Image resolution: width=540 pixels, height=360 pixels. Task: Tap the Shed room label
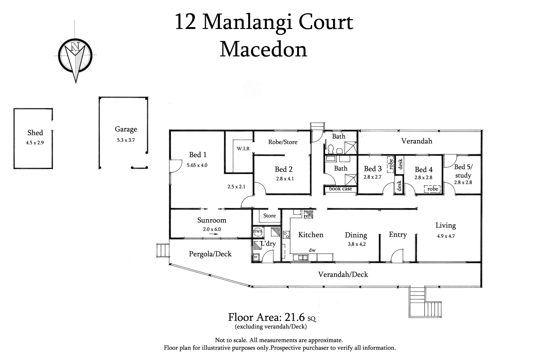pyautogui.click(x=35, y=133)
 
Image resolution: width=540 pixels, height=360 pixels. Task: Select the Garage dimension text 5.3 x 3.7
pyautogui.click(x=126, y=140)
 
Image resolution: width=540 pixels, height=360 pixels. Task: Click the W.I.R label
pyautogui.click(x=243, y=148)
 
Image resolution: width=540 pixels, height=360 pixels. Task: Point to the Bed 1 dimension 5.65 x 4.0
pyautogui.click(x=197, y=165)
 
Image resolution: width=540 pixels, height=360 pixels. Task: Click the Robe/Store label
pyautogui.click(x=283, y=142)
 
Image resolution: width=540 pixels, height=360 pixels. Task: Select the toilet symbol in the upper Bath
pyautogui.click(x=330, y=149)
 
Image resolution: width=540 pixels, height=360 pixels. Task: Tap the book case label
pyautogui.click(x=340, y=189)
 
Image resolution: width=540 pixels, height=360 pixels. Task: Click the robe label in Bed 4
pyautogui.click(x=432, y=189)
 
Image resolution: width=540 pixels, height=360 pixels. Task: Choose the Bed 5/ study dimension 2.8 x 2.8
pyautogui.click(x=463, y=183)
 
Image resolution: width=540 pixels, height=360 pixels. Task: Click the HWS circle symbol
pyautogui.click(x=258, y=232)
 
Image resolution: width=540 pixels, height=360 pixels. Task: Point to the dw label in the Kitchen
pyautogui.click(x=312, y=250)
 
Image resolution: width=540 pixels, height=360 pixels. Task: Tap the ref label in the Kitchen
pyautogui.click(x=307, y=216)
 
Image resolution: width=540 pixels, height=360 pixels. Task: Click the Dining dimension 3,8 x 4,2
pyautogui.click(x=356, y=244)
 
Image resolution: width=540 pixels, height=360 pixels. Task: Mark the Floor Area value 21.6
pyautogui.click(x=295, y=317)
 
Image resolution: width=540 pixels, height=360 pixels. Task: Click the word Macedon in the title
pyautogui.click(x=263, y=50)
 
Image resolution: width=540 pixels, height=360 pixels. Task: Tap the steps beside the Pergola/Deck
pyautogui.click(x=163, y=250)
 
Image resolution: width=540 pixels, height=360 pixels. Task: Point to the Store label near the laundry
pyautogui.click(x=269, y=216)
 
